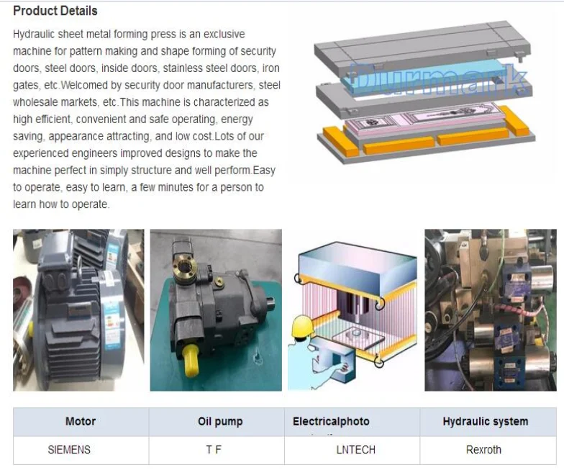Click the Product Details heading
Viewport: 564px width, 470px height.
click(55, 11)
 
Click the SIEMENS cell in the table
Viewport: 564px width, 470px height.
click(69, 449)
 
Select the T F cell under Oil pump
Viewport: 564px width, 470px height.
click(214, 449)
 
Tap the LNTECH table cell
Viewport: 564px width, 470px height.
click(355, 449)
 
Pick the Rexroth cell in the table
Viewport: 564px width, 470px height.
click(483, 449)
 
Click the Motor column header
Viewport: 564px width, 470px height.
click(81, 421)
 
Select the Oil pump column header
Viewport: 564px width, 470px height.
click(220, 422)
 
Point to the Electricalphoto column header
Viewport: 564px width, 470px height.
click(331, 422)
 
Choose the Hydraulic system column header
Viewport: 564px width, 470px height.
click(485, 422)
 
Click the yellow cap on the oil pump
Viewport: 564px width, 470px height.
click(191, 360)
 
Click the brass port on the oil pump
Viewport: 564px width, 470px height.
click(185, 267)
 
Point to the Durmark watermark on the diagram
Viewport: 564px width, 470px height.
click(437, 79)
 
